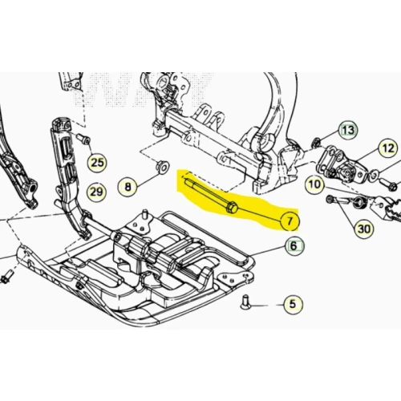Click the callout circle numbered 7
290,221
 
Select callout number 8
128,186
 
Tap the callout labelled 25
97,162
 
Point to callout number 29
96,192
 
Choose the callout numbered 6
294,245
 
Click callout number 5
293,304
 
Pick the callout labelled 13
349,131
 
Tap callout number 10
315,184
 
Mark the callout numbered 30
364,229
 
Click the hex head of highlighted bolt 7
232,207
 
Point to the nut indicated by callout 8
162,166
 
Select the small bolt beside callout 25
83,139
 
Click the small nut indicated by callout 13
316,142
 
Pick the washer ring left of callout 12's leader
374,176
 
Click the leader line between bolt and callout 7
259,214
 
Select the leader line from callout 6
268,251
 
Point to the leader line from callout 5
266,305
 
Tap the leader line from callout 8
148,177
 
